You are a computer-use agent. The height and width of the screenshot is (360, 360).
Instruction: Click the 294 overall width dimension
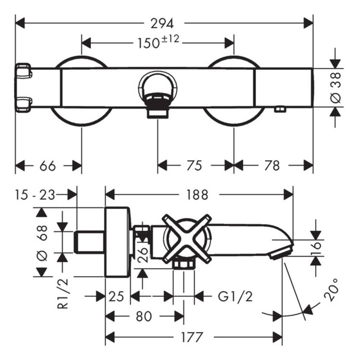point(162,23)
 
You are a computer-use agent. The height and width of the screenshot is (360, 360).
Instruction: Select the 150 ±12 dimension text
point(158,42)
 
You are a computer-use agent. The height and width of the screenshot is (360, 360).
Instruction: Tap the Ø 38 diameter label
point(335,88)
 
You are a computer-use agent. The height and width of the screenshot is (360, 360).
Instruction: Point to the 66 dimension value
point(47,166)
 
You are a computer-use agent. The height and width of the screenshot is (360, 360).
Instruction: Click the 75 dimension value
point(194,166)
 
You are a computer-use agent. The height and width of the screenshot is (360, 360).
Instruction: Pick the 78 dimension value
point(272,166)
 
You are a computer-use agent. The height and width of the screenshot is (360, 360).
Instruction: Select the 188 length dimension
point(197,195)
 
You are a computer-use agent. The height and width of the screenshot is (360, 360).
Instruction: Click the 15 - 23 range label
point(35,195)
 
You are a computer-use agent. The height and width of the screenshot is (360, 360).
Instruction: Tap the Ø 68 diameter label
point(42,243)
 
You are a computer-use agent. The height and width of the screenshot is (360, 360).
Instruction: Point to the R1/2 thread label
point(62,294)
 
